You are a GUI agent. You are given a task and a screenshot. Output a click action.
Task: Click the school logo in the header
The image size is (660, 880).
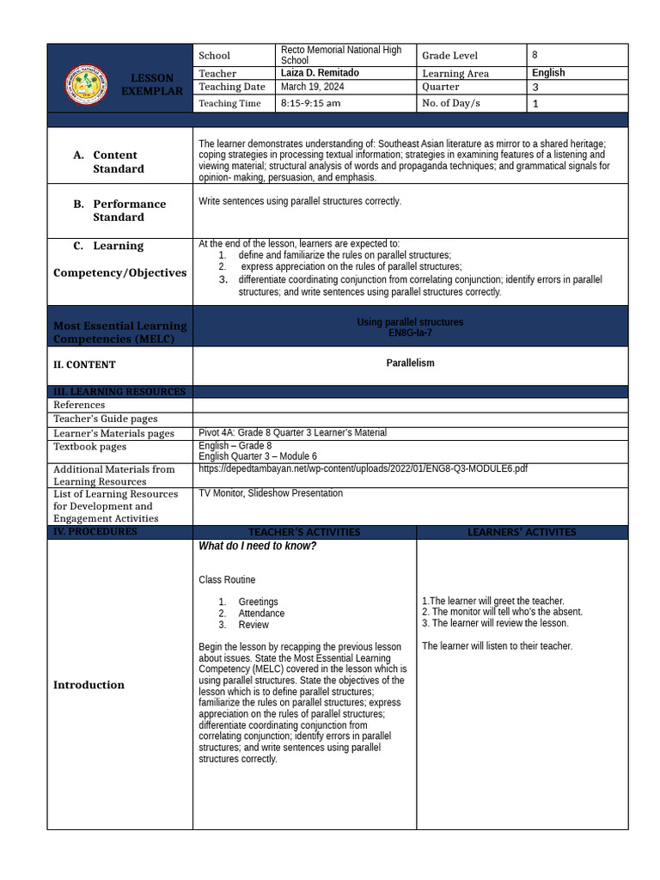86,84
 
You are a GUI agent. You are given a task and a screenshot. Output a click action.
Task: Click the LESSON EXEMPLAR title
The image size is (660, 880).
152,84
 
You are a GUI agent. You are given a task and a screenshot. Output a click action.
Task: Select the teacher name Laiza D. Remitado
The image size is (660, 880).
320,73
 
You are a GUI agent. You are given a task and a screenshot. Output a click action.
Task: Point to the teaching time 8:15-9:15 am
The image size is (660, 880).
310,103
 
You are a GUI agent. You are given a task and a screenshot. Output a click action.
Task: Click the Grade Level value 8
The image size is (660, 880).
535,55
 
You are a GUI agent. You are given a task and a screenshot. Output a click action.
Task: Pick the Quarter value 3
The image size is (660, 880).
535,88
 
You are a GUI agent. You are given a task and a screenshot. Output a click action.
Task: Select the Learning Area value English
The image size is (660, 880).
548,73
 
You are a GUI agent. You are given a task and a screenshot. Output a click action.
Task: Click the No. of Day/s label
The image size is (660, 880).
451,103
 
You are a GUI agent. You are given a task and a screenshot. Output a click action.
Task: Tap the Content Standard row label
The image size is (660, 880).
115,162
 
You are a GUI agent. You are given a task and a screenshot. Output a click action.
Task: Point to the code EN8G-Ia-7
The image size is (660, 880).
410,333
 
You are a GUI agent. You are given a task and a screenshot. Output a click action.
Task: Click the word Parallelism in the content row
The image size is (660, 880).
410,364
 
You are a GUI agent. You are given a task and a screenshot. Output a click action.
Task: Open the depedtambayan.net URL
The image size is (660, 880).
363,468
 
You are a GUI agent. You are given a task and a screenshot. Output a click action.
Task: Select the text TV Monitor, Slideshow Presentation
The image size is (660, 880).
271,493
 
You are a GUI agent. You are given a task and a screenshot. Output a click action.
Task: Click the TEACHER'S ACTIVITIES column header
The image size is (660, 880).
304,533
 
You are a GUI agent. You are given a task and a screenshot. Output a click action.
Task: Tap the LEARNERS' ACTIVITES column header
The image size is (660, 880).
522,533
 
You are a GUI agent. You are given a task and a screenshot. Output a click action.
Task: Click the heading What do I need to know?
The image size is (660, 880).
257,546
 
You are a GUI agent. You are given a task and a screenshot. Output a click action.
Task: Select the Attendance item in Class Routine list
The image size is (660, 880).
261,614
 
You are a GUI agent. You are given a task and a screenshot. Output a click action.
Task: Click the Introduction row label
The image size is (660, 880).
89,685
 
